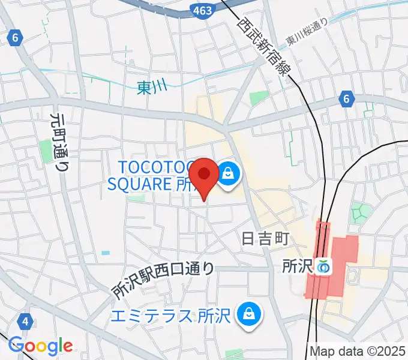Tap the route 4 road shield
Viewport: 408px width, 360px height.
[25, 322]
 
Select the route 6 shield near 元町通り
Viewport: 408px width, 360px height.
[15, 38]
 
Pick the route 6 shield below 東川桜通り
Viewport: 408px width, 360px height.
[346, 98]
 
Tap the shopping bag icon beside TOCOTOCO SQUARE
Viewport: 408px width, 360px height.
[229, 175]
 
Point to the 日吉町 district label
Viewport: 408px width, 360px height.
[266, 239]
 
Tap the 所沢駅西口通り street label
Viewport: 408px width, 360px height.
[163, 281]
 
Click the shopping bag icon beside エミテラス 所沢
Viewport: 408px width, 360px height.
[247, 314]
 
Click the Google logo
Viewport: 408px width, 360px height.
[40, 346]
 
